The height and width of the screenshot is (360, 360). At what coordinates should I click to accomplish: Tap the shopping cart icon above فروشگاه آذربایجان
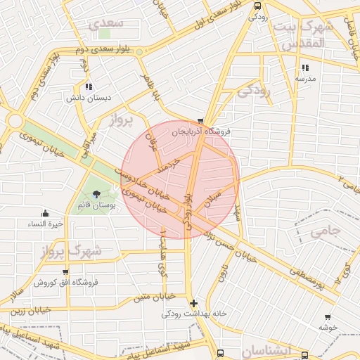202,122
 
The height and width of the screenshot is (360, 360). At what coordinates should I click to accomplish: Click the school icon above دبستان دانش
88,87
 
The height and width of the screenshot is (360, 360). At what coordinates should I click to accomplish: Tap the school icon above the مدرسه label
305,68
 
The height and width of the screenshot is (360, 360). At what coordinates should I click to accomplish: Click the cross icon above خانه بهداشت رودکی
194,303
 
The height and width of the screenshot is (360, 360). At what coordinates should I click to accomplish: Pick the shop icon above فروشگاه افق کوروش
65,272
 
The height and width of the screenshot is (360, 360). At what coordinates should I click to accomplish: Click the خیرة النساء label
46,224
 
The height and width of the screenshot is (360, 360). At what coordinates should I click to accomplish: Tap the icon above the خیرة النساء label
46,213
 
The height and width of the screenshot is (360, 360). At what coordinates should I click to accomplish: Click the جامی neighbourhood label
325,229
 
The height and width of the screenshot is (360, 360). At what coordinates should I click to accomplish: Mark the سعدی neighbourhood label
107,22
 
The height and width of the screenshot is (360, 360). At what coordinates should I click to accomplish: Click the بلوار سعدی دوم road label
105,51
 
